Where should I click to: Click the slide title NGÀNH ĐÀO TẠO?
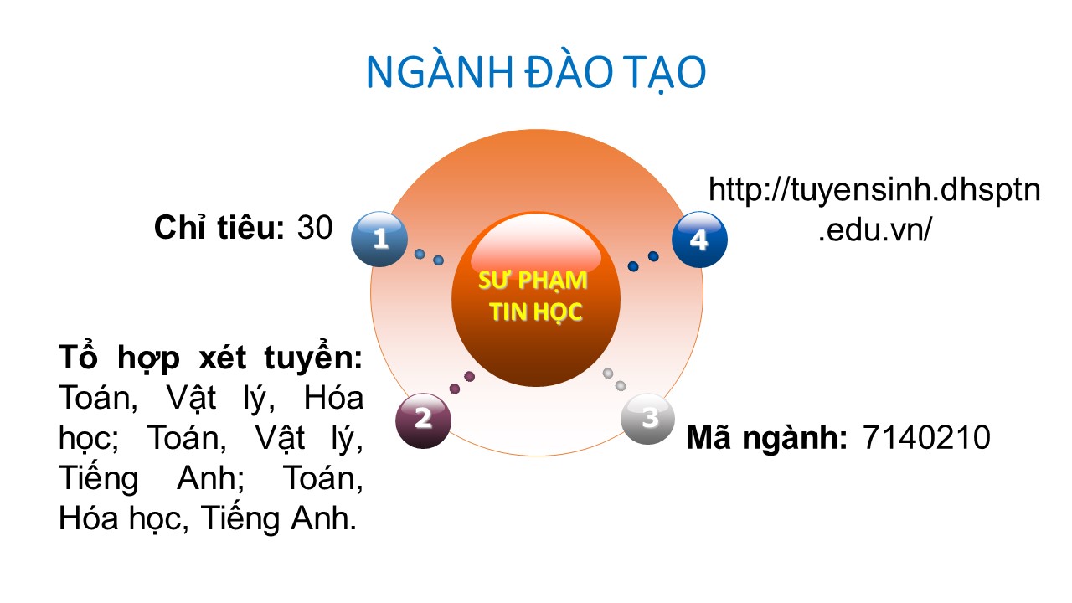click(x=536, y=73)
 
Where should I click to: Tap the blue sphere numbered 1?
click(x=379, y=239)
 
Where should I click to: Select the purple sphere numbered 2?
click(x=424, y=420)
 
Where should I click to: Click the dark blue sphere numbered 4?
click(x=699, y=240)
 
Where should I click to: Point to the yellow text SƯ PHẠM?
click(x=533, y=281)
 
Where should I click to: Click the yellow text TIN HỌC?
click(x=535, y=312)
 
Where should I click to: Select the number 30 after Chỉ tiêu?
click(x=315, y=227)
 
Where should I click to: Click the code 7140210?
click(x=926, y=437)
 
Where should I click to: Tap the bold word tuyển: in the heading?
click(x=313, y=358)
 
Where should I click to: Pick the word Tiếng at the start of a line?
click(x=99, y=478)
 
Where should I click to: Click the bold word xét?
click(x=223, y=358)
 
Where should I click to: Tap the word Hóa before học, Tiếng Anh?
click(x=89, y=518)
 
